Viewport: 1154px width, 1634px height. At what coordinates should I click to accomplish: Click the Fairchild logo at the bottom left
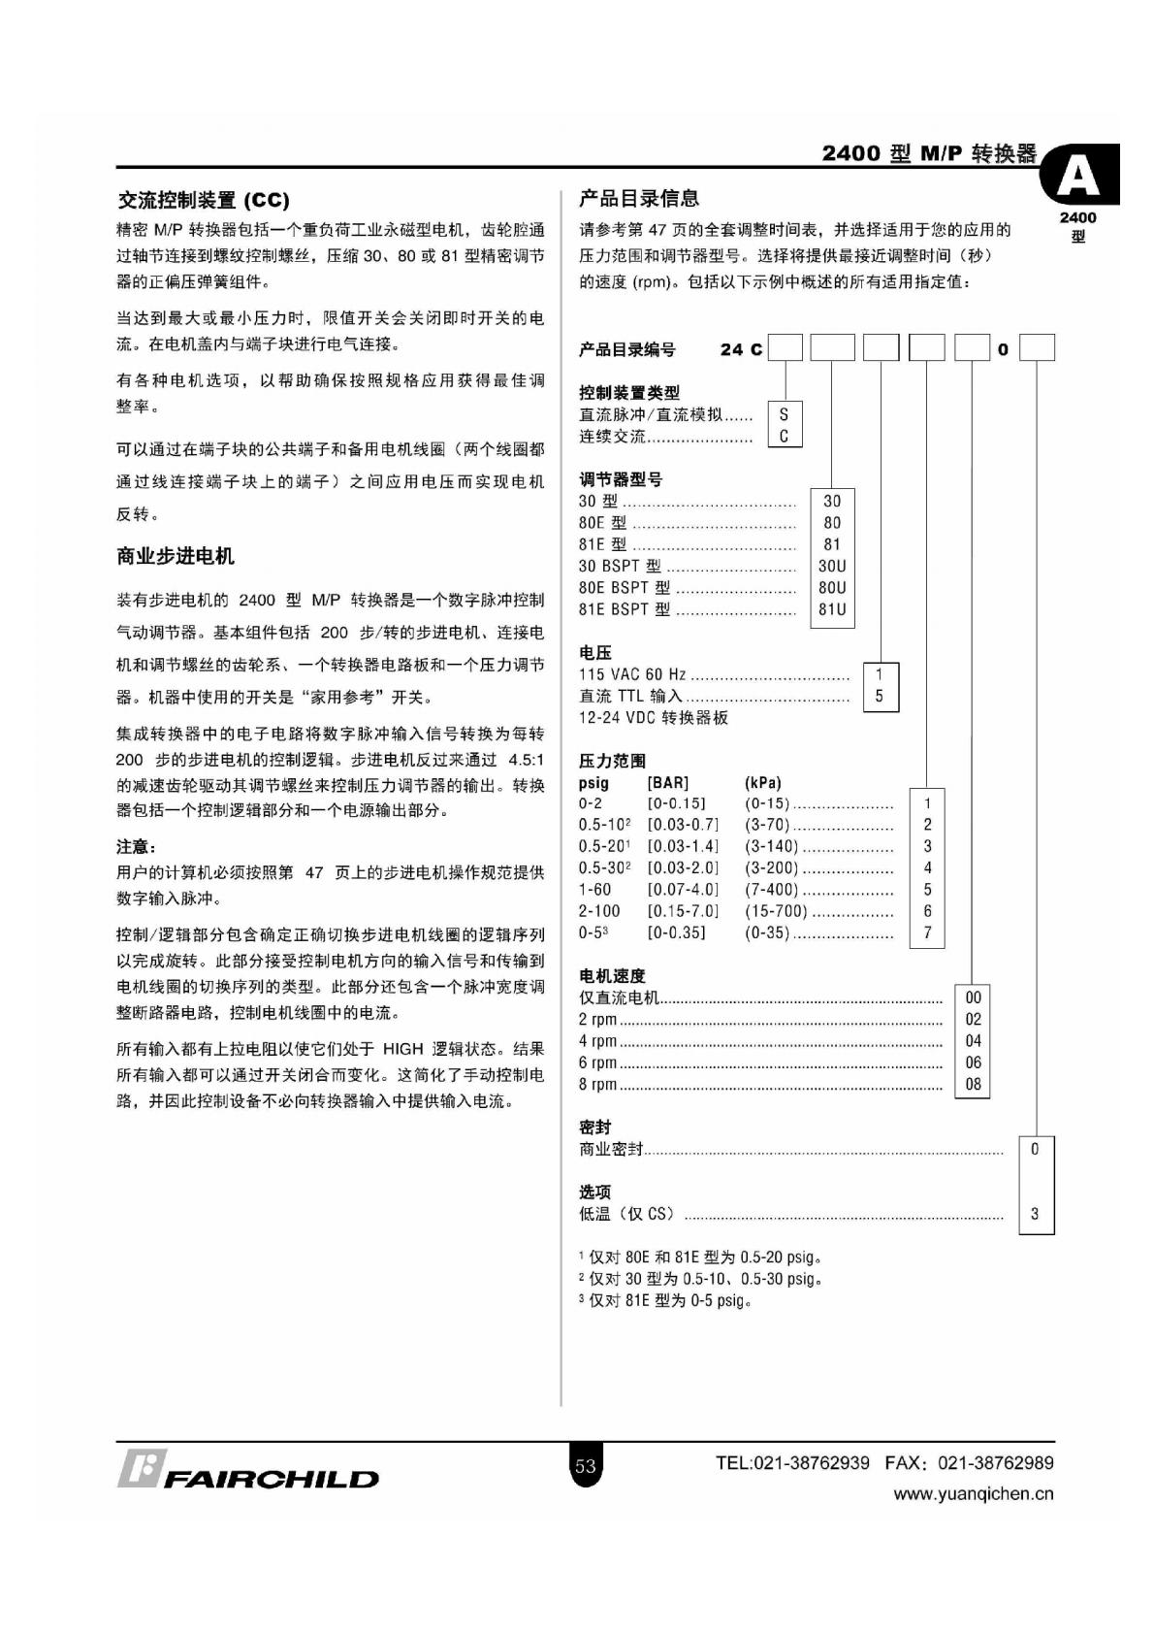[x=248, y=1470]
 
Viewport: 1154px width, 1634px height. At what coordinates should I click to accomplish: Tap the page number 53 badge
[x=585, y=1465]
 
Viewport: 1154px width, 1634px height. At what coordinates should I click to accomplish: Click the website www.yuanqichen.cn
[x=973, y=1494]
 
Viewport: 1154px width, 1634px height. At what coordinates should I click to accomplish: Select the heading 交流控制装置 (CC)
[x=203, y=201]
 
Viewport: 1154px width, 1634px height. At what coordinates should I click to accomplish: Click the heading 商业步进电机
[x=176, y=556]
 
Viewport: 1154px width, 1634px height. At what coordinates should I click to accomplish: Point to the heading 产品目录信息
[x=639, y=198]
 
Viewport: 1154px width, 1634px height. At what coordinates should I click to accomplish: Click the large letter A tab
[x=1078, y=176]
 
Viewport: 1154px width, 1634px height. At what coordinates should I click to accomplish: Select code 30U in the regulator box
[x=832, y=566]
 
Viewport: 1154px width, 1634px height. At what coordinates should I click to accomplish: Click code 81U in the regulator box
[x=832, y=609]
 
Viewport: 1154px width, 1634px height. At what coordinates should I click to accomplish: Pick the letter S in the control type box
[x=785, y=414]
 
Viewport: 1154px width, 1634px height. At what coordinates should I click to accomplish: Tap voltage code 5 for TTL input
[x=880, y=696]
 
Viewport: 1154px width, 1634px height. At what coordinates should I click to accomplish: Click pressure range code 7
[x=927, y=932]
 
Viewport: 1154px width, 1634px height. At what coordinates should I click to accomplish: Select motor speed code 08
[x=973, y=1084]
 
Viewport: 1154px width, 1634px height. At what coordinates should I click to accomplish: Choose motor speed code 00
[x=973, y=997]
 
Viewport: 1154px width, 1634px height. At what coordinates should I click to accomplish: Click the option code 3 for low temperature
[x=1035, y=1214]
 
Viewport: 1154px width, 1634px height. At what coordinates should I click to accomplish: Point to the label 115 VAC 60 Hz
[x=632, y=674]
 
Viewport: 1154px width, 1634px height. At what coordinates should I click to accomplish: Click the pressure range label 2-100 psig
[x=599, y=911]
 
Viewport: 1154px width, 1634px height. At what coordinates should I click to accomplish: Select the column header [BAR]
[x=667, y=782]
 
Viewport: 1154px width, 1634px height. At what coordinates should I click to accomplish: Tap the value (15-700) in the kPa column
[x=776, y=911]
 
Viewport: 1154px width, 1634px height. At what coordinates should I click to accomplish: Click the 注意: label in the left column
[x=136, y=846]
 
